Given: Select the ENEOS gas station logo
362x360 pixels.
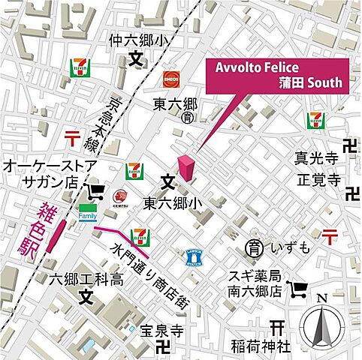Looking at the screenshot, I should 170,78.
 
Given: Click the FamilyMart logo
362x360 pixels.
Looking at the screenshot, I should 89,212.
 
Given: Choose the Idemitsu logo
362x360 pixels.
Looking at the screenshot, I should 119,196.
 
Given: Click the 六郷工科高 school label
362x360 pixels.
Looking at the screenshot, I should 86,280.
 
